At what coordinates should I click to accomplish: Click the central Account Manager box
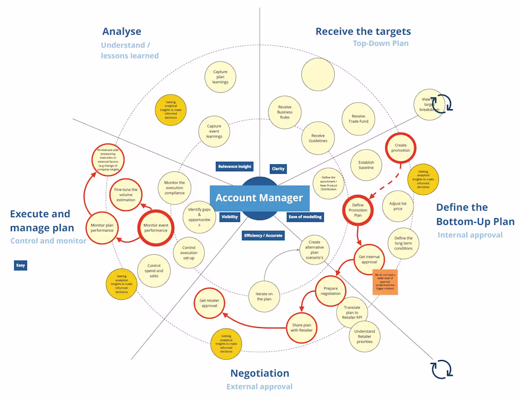(259, 198)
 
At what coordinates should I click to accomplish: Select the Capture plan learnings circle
(220, 77)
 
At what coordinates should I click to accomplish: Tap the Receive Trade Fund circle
(359, 118)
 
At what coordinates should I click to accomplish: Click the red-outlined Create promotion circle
(400, 148)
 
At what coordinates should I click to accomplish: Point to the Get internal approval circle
(369, 259)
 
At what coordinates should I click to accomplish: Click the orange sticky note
(385, 282)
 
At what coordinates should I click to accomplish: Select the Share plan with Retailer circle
(302, 327)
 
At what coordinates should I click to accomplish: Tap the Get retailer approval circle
(209, 303)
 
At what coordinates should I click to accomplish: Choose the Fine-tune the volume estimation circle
(126, 195)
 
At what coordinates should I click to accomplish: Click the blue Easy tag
(20, 265)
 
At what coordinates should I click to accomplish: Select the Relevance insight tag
(234, 166)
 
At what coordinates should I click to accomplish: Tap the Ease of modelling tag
(305, 217)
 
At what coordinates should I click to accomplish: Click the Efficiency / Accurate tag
(263, 235)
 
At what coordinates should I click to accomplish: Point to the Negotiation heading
(260, 373)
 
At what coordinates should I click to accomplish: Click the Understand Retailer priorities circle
(365, 336)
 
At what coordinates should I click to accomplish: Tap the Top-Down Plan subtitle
(380, 44)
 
